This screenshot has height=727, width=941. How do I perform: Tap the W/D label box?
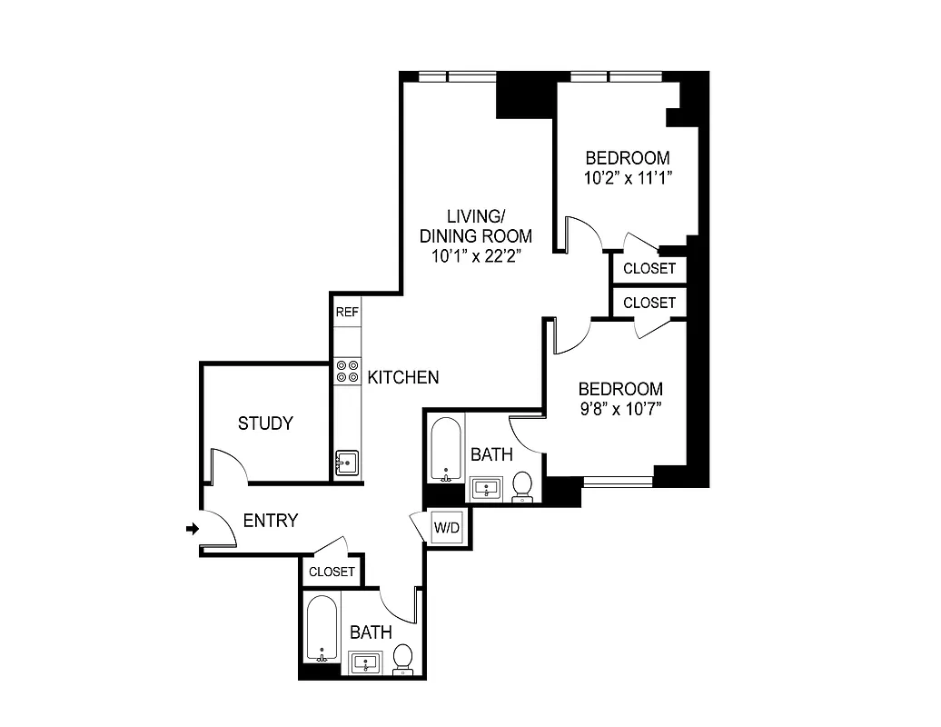445,528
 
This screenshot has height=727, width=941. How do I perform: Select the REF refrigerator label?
347,312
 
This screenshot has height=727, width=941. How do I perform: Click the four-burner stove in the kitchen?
347,371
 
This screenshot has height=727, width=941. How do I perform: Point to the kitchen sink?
346,463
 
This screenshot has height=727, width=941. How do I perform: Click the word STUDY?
265,423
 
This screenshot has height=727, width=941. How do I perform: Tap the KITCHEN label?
403,376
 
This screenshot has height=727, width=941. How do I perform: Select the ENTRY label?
271,521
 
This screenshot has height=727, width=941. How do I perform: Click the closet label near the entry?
332,572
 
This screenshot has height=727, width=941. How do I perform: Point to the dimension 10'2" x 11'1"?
627,177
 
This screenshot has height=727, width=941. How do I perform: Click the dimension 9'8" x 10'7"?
620,409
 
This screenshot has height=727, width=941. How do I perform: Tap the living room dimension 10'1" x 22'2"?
476,255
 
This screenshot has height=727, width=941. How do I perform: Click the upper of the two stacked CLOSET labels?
649,268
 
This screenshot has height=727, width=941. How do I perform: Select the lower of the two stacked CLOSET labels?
649,303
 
